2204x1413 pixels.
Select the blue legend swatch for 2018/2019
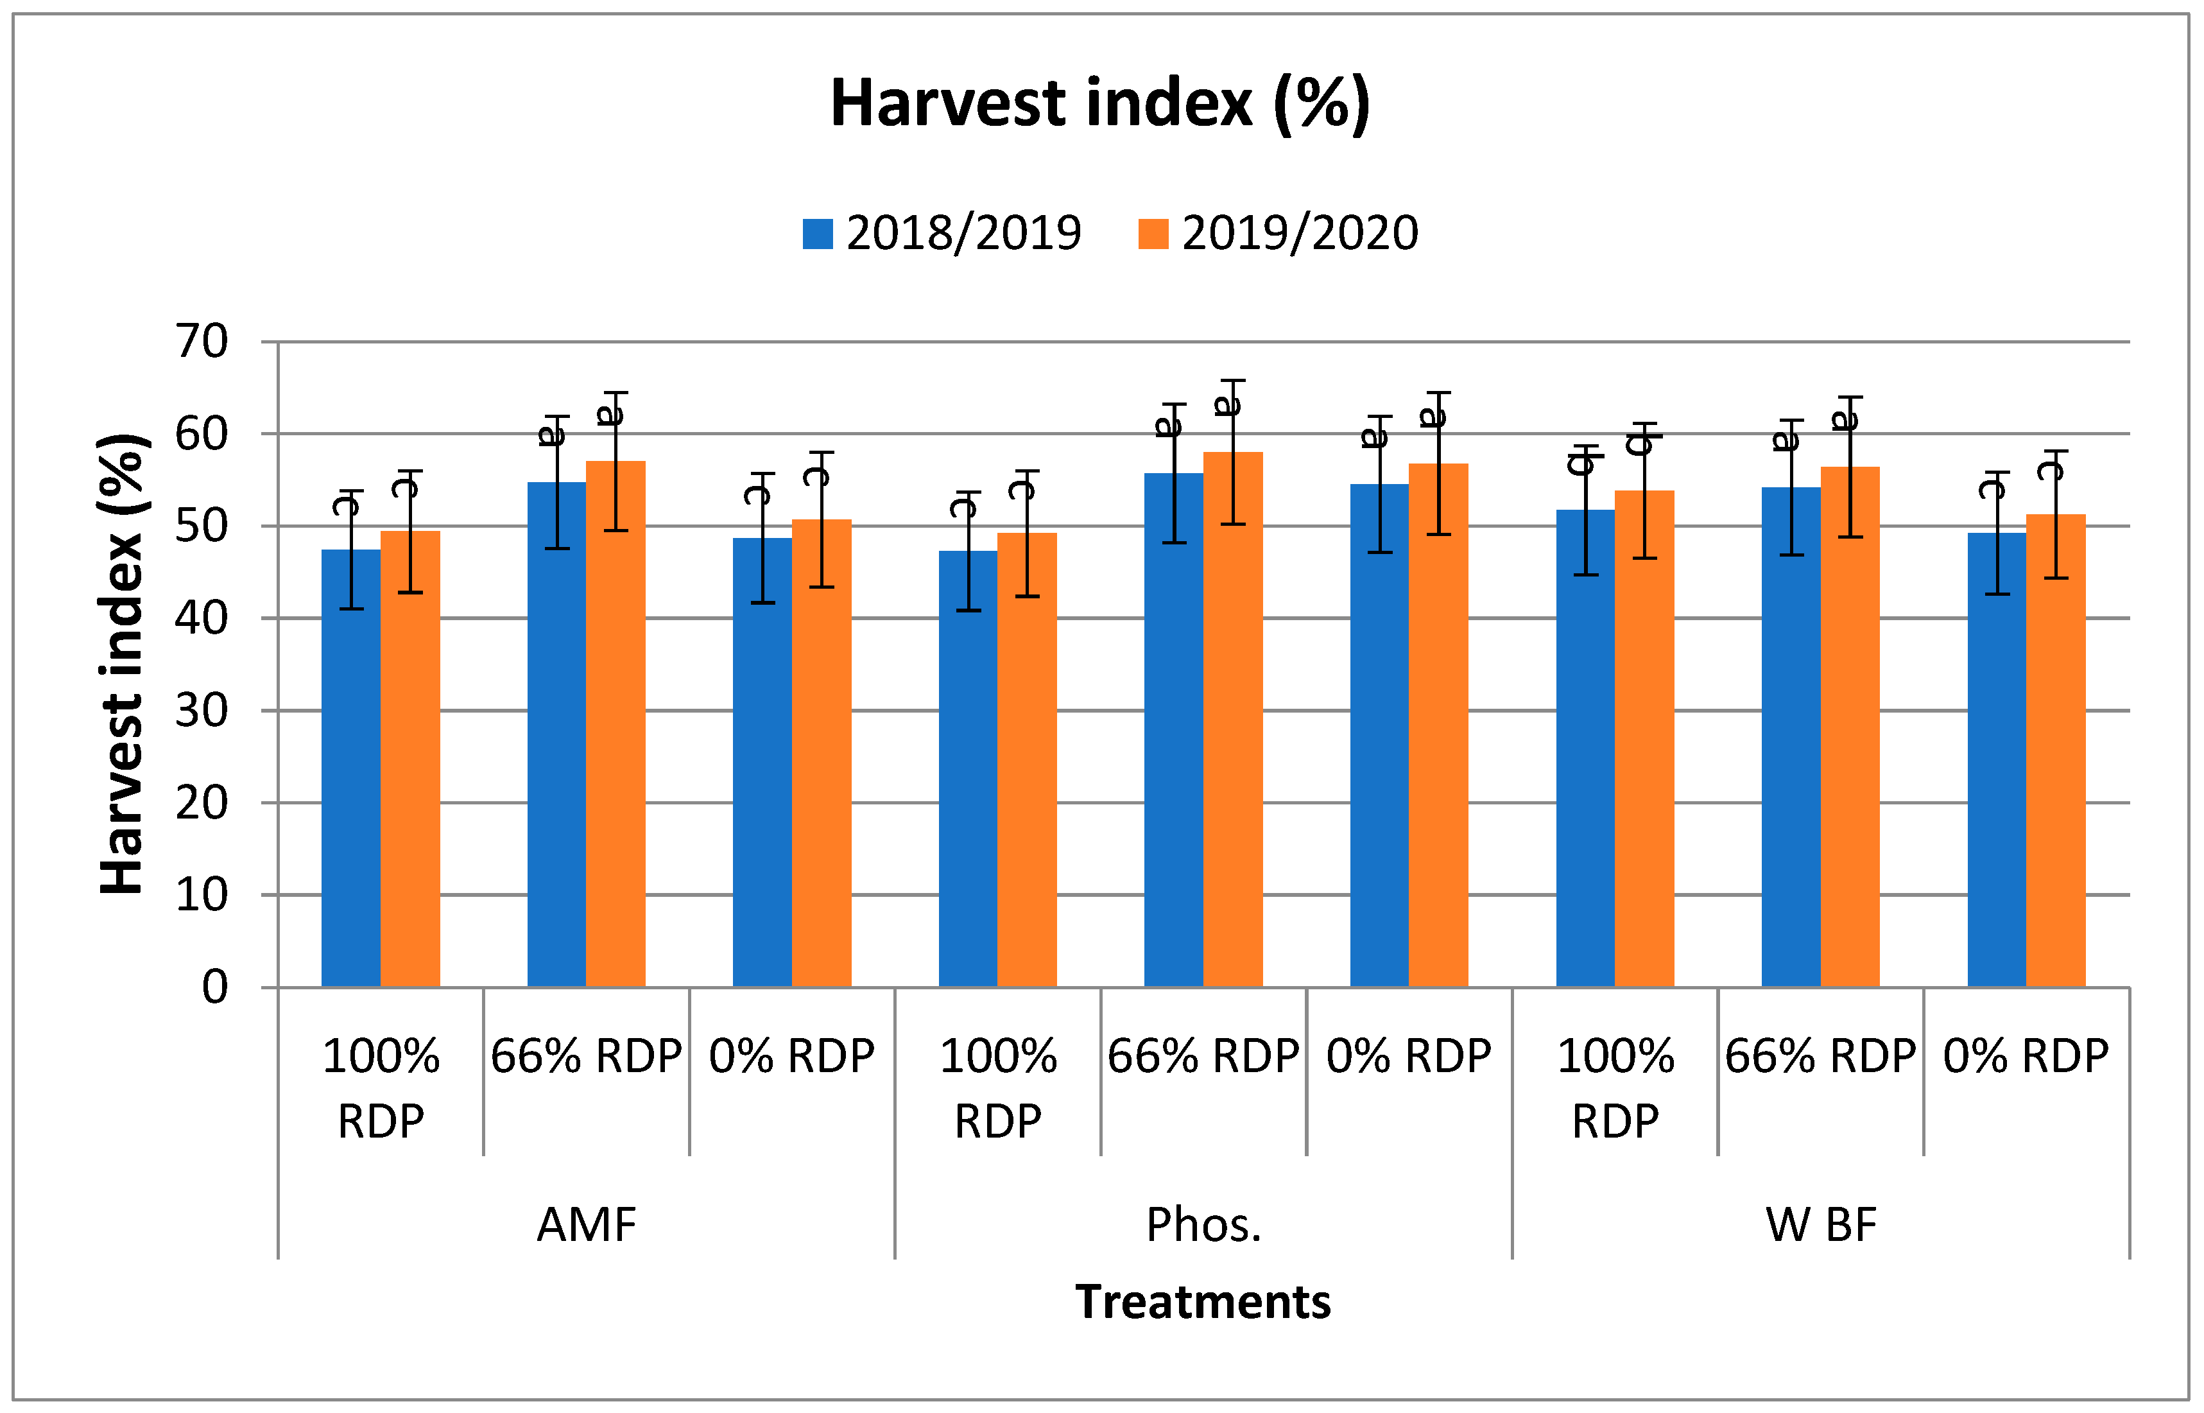[x=816, y=233]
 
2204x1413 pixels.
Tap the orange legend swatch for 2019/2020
[x=1152, y=233]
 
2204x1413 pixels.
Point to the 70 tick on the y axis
[x=202, y=342]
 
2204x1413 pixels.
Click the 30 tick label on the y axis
[x=202, y=711]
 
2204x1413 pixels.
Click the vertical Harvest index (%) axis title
[x=121, y=663]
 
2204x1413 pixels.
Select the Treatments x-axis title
[x=1201, y=1302]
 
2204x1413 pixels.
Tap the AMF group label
[x=586, y=1225]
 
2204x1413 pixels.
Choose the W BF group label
[x=1821, y=1225]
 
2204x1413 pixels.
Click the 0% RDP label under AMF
[x=791, y=1057]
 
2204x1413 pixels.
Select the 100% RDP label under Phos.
[x=998, y=1088]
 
